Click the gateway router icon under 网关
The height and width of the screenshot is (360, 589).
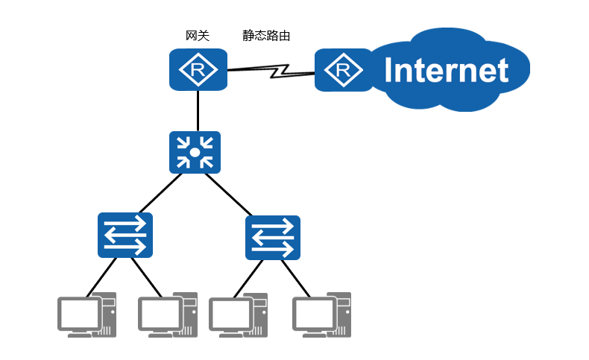[x=198, y=70]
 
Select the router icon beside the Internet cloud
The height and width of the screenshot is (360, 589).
[x=343, y=70]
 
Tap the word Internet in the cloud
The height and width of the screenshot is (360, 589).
[x=446, y=71]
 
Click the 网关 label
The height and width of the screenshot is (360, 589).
[x=198, y=35]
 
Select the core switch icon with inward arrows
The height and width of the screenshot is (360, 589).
[x=195, y=152]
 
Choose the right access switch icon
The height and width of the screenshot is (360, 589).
[x=273, y=238]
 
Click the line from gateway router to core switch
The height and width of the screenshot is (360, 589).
[x=198, y=111]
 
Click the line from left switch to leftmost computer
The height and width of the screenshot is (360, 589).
[x=102, y=276]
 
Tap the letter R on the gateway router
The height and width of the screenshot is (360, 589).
[x=198, y=71]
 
